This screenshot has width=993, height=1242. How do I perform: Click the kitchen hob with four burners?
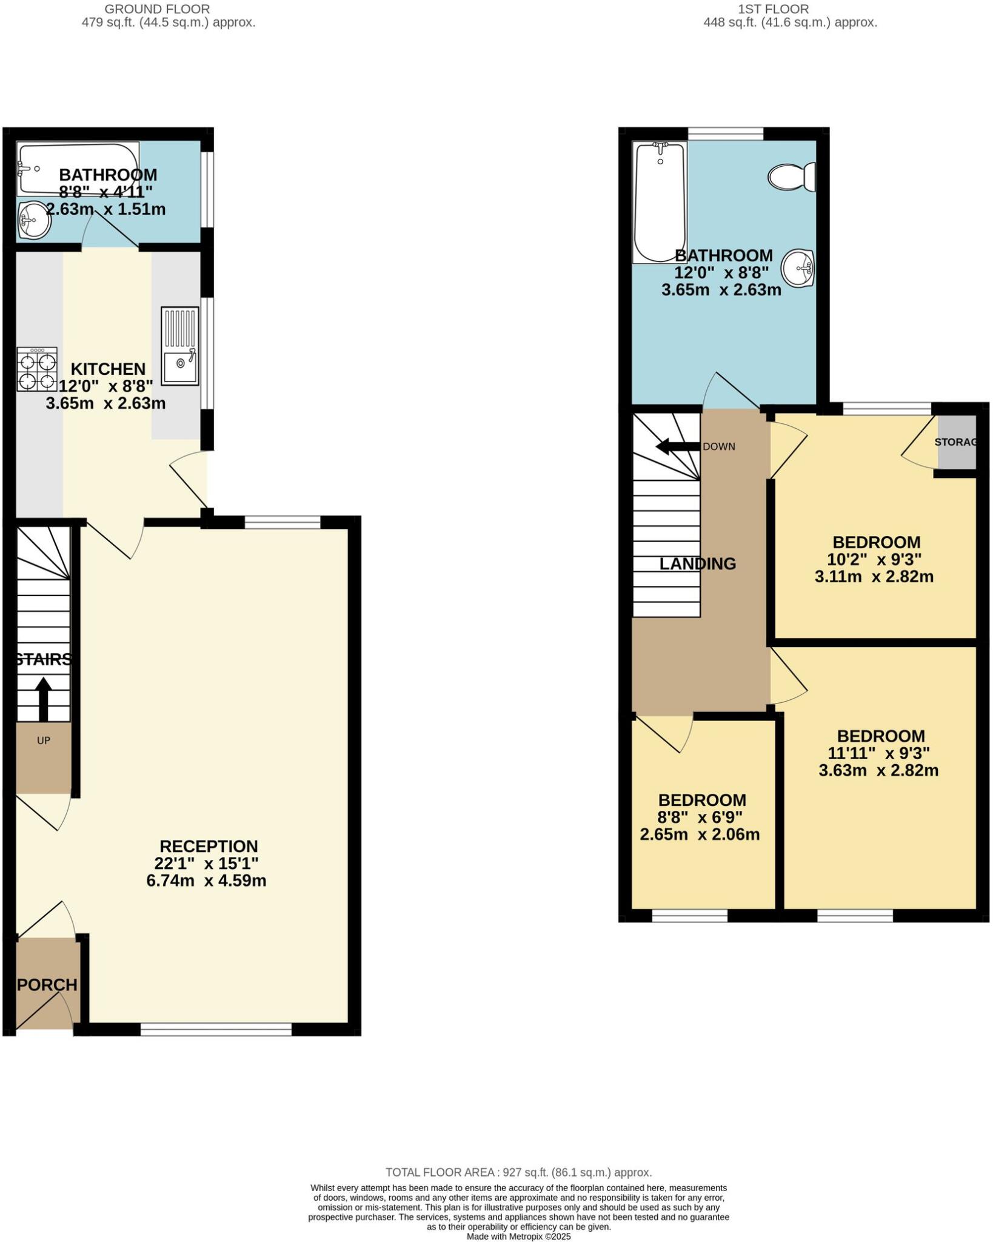click(37, 369)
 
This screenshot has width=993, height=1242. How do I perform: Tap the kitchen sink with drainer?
click(180, 346)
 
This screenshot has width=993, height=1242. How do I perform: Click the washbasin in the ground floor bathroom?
click(34, 220)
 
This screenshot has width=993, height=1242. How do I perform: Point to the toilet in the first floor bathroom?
click(791, 177)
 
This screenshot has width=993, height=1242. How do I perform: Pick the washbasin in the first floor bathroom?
click(797, 267)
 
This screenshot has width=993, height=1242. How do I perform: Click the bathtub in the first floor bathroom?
click(660, 202)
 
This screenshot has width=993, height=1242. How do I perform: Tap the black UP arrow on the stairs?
click(43, 697)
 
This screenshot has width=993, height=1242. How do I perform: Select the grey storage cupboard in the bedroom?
click(956, 442)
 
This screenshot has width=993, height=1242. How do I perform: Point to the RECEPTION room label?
click(209, 846)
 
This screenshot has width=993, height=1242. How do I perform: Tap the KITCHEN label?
click(108, 369)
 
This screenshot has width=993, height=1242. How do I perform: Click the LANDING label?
click(697, 563)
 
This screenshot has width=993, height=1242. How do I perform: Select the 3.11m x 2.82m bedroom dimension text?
click(874, 576)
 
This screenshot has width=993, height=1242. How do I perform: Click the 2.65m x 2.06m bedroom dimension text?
click(700, 834)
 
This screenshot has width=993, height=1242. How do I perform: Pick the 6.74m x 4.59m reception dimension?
click(206, 880)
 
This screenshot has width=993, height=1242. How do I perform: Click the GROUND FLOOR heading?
click(157, 9)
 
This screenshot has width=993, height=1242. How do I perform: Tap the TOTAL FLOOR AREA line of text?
click(518, 1172)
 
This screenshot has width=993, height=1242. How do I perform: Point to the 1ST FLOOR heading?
click(773, 9)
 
